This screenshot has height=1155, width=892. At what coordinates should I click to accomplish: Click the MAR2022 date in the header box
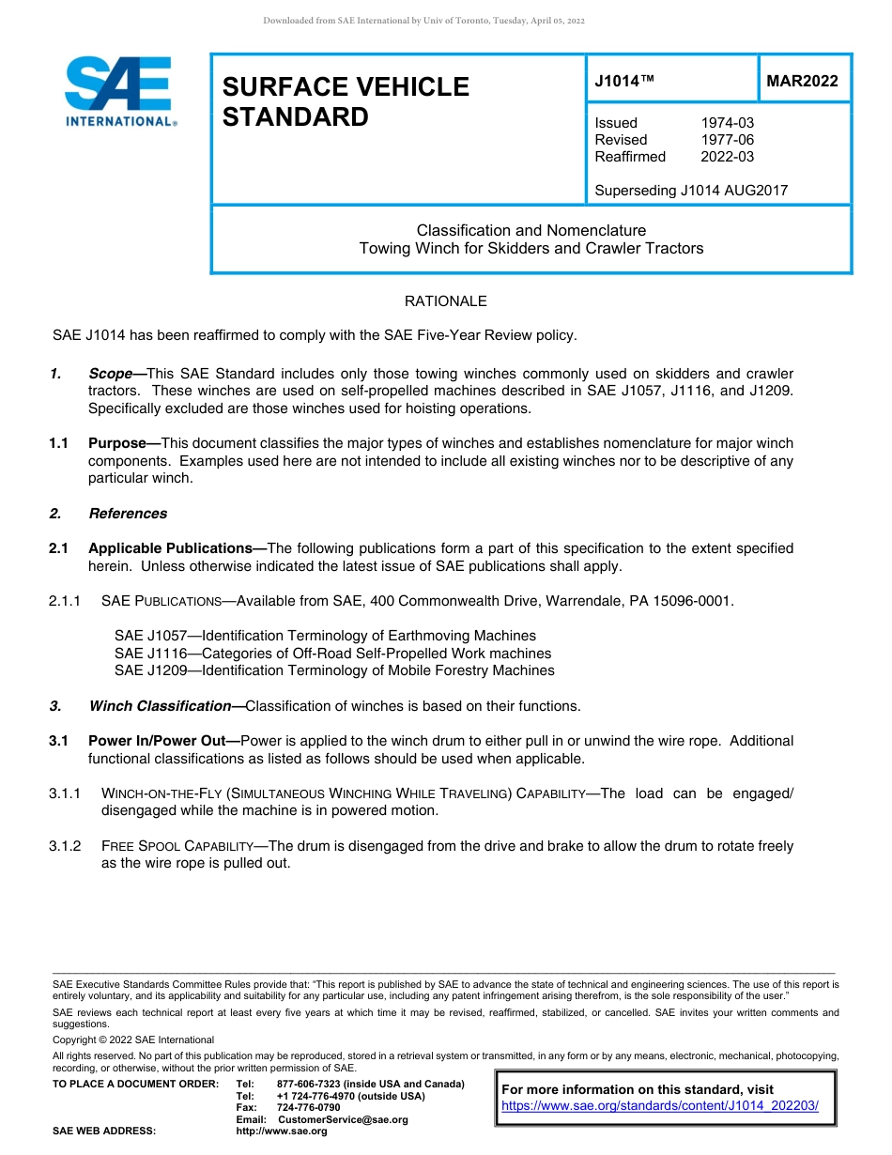pos(802,82)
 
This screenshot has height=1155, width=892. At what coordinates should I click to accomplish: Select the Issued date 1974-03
pos(727,123)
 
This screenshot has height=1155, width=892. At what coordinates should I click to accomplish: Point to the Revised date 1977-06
pos(727,140)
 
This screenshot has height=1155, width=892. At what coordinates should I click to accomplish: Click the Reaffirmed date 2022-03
pos(727,157)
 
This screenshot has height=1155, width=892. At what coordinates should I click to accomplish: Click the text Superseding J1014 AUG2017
pos(691,191)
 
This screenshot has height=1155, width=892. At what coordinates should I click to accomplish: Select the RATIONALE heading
pos(445,301)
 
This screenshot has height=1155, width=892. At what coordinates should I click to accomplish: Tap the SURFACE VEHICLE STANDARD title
pos(345,101)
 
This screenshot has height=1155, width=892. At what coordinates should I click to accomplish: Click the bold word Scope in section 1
pos(110,374)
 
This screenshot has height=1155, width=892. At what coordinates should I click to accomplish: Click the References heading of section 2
pos(128,514)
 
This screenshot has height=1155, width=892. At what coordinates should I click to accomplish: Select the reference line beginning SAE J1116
pos(332,654)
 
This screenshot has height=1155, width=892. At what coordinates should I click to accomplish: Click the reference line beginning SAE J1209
pos(334,670)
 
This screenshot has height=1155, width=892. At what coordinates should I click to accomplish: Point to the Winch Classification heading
pos(160,706)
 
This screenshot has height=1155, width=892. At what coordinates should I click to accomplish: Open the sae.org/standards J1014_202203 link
pos(660,1106)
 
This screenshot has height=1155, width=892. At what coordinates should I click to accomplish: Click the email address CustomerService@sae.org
pos(343,1119)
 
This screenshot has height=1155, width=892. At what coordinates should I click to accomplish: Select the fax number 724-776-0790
pos(308,1107)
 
